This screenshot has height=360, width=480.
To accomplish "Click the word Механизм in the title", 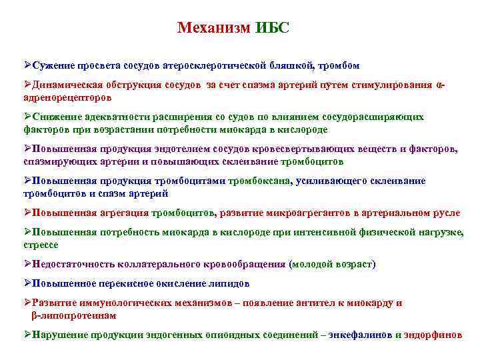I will click(214, 29).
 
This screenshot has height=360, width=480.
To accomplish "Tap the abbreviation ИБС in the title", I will click(272, 29).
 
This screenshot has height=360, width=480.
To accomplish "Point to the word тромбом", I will click(339, 65).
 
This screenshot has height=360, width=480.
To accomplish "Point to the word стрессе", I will click(41, 244).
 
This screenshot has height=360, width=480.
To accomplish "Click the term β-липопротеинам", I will click(73, 314).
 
